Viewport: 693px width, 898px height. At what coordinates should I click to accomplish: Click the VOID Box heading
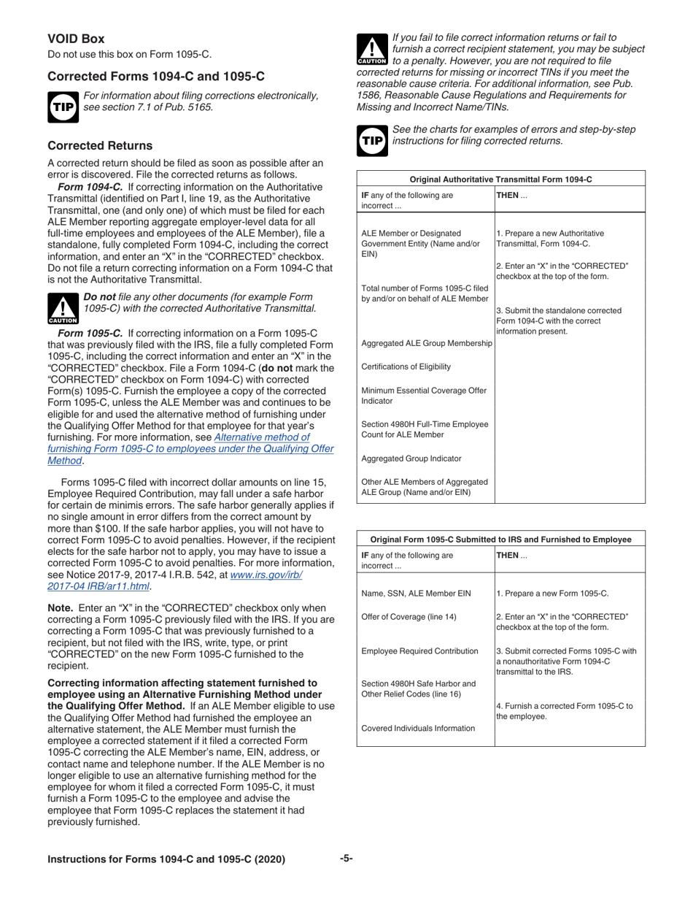pos(76,39)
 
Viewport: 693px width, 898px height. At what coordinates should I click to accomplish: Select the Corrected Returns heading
pos(100,145)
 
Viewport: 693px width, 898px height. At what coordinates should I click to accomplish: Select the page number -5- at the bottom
pos(346,859)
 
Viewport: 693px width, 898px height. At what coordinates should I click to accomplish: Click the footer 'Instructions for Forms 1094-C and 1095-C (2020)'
pos(166,859)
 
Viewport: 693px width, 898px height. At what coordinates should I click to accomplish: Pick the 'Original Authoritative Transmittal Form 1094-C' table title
pos(500,179)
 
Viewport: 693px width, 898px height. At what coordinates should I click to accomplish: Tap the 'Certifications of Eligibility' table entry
pos(406,366)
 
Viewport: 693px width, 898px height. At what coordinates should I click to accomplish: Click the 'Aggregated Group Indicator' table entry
pos(411,458)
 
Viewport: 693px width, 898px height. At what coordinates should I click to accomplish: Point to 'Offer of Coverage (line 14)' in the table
pos(409,616)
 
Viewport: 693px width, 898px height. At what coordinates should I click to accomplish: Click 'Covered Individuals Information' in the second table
pos(418,728)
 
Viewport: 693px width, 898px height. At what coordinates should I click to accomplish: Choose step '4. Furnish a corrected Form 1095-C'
pos(564,711)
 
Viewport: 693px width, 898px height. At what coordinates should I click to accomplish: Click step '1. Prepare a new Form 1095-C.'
pos(552,594)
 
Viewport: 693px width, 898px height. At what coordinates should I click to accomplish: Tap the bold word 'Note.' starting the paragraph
pos(60,608)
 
